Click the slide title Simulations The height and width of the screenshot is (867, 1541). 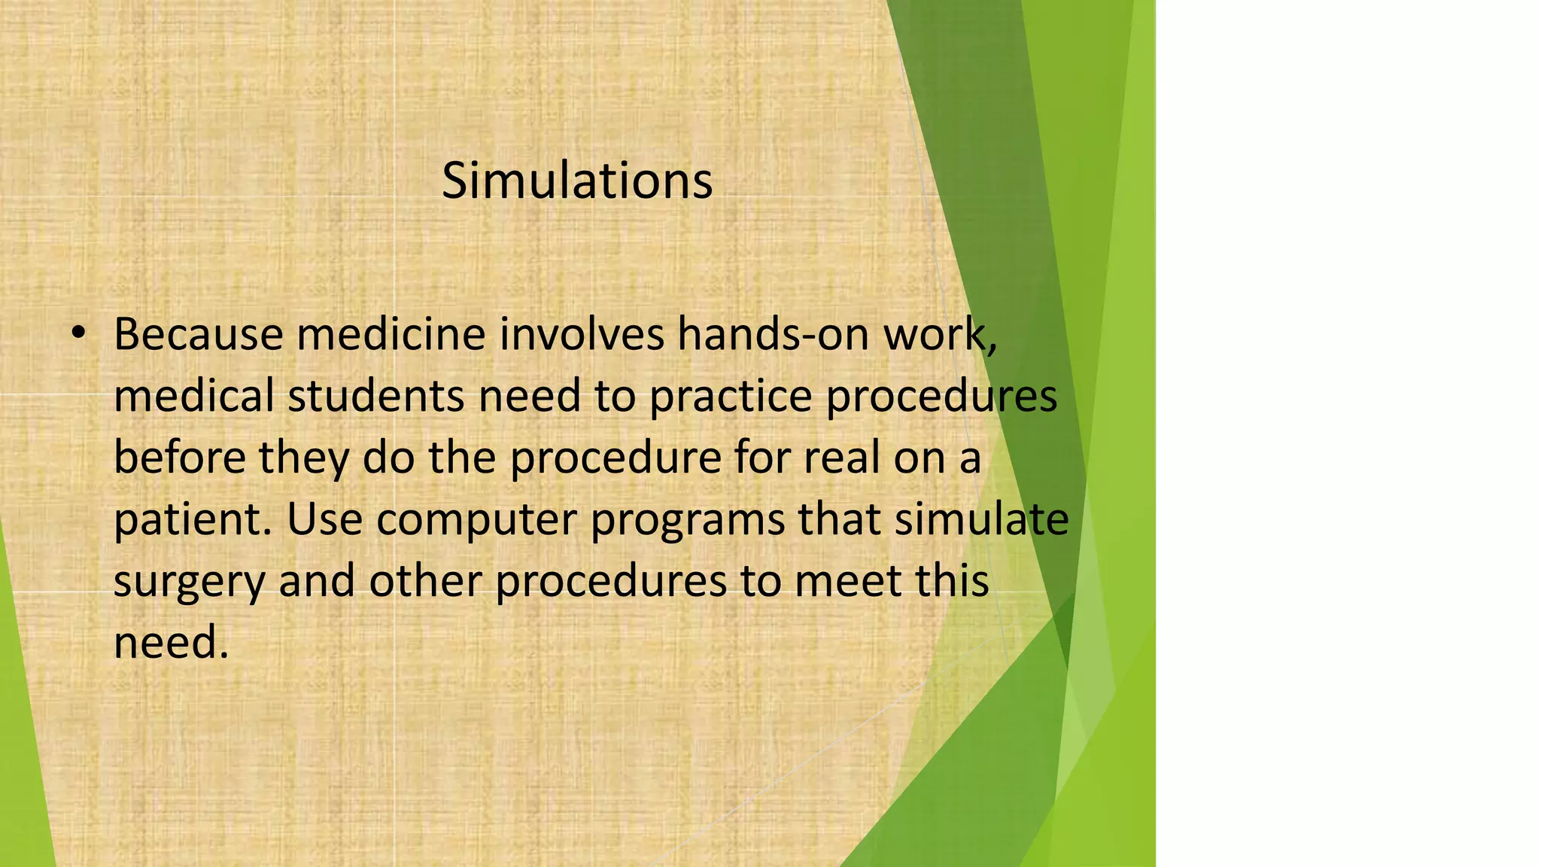[x=576, y=181]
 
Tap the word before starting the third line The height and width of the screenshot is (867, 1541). [x=178, y=458]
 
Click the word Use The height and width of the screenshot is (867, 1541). [x=324, y=519]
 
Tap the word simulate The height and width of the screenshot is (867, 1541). [x=981, y=519]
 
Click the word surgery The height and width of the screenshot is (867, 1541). [x=190, y=583]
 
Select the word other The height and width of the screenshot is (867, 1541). [x=425, y=581]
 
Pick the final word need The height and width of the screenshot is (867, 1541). [x=170, y=643]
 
